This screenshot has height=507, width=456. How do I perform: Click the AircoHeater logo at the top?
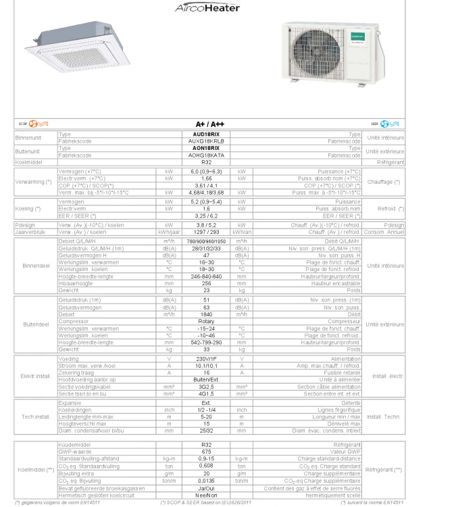coord(207,7)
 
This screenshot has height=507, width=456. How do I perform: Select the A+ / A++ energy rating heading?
coord(206,124)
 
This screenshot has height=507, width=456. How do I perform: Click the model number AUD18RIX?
coord(206,135)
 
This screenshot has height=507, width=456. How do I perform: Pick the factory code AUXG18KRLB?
coord(206,141)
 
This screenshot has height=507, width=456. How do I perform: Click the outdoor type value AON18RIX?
coord(206,147)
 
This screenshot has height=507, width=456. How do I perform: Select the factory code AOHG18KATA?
coord(206,155)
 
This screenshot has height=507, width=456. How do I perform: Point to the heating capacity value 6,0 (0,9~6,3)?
coord(206,172)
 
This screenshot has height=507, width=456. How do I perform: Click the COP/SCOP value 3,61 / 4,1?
coord(206,185)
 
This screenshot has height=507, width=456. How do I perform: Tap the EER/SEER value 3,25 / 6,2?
coord(206,215)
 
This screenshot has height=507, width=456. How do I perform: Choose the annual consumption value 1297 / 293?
coord(206,232)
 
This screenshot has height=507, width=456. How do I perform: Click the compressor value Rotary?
coord(206,321)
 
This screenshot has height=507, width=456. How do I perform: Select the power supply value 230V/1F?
coord(206,359)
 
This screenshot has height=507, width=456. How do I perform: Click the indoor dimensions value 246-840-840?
coord(206,276)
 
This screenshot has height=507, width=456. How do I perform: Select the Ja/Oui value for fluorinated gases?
coord(206,488)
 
